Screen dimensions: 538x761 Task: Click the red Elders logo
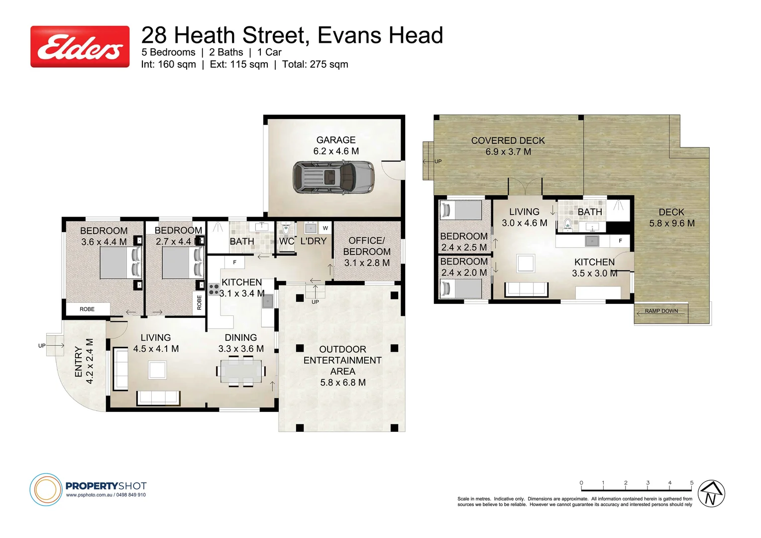[80, 47]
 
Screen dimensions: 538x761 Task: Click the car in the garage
[333, 177]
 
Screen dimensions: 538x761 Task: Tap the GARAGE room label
[336, 140]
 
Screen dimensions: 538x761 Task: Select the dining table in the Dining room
[241, 371]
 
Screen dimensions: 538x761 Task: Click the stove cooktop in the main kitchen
[214, 289]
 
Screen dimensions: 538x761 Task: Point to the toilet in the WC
[286, 230]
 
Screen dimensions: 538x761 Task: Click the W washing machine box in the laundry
[325, 228]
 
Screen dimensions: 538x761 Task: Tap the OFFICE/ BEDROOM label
[367, 246]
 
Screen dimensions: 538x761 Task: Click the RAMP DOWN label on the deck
[661, 311]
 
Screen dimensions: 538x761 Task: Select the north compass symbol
[711, 494]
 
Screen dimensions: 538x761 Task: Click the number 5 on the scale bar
[691, 483]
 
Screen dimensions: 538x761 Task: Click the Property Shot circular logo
[46, 489]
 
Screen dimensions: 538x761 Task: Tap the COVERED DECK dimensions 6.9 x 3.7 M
[508, 152]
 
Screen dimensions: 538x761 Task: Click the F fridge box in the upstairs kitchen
[620, 241]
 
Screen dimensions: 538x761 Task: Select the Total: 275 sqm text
[315, 64]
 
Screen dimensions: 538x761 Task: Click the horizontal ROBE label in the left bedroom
[87, 309]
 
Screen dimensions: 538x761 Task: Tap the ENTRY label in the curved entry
[78, 362]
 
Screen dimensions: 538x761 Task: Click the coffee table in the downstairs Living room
[157, 370]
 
